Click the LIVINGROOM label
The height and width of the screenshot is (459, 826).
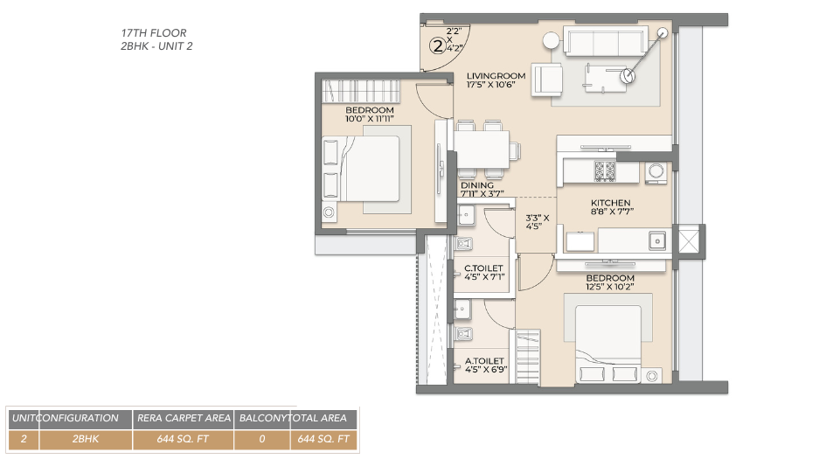496,76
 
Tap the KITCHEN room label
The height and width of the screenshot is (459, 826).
610,203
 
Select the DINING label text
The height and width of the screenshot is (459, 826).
477,185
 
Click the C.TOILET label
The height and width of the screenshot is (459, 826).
482,268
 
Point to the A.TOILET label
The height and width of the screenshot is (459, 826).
484,360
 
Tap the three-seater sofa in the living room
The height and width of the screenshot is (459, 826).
603,42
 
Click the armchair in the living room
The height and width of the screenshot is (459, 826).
549,80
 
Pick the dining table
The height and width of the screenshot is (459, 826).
482,149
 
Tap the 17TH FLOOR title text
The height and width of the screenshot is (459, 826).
154,33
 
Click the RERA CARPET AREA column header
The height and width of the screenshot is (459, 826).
182,418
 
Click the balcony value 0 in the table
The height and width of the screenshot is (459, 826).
262,439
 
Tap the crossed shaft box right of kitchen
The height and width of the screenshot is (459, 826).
689,240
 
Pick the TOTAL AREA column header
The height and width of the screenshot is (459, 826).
323,418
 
